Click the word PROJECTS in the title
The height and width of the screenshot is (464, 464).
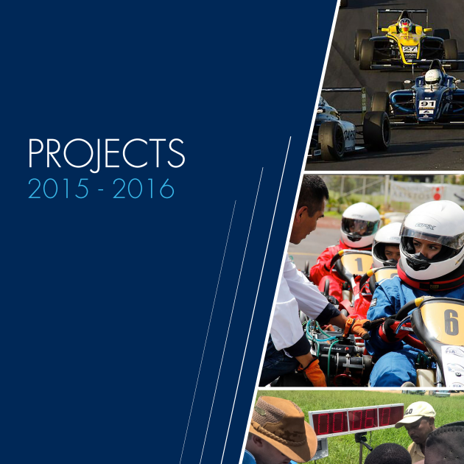pyautogui.click(x=107, y=154)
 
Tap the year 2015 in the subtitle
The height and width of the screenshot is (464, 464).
pyautogui.click(x=58, y=189)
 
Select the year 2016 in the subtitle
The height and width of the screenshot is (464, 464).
pyautogui.click(x=143, y=189)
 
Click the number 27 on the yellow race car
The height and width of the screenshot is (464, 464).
pyautogui.click(x=409, y=49)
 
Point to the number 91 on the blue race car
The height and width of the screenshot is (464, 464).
pyautogui.click(x=427, y=104)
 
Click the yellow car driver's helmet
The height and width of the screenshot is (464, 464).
pyautogui.click(x=405, y=24)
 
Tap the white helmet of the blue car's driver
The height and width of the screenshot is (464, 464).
pyautogui.click(x=432, y=77)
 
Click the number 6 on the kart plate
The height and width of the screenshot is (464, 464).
pyautogui.click(x=451, y=323)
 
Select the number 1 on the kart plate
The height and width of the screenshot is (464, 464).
pyautogui.click(x=359, y=264)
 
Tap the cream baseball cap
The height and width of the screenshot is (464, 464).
pyautogui.click(x=416, y=414)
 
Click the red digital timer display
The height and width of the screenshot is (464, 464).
pyautogui.click(x=356, y=419)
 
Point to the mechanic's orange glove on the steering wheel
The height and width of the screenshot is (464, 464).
pyautogui.click(x=356, y=328)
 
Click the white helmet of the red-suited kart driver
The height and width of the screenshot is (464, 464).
pyautogui.click(x=360, y=225)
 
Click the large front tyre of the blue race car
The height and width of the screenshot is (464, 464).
pyautogui.click(x=376, y=131)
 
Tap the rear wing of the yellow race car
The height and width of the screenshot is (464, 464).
pyautogui.click(x=402, y=12)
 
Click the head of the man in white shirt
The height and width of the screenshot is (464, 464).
pyautogui.click(x=311, y=207)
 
